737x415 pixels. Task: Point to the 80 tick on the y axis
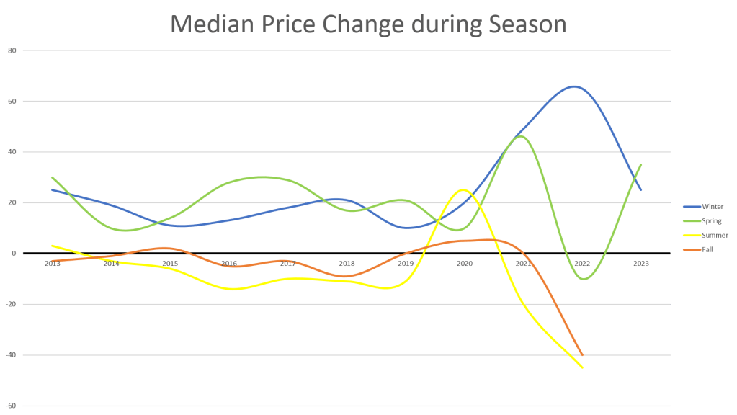(12, 50)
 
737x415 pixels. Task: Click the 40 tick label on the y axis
(12, 152)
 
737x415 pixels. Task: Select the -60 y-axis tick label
(12, 406)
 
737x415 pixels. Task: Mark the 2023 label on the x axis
(642, 264)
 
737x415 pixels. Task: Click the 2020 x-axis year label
(465, 264)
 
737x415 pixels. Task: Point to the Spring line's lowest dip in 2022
(583, 279)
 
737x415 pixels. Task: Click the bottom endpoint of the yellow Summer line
(583, 367)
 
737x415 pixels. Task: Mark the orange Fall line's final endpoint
(582, 355)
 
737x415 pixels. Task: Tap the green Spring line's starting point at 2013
(52, 177)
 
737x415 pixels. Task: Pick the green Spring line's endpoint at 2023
(641, 165)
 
